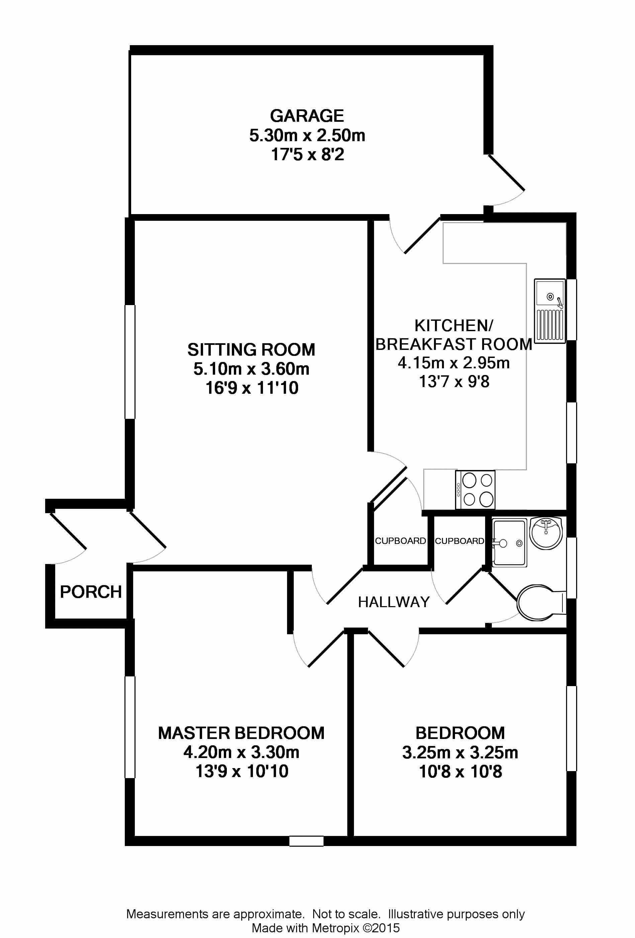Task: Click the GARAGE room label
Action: (307, 116)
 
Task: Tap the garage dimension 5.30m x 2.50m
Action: (307, 135)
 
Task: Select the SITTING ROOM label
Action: (251, 350)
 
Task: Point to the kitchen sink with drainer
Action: (549, 309)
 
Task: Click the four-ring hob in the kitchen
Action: (475, 490)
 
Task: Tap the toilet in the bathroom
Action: (541, 603)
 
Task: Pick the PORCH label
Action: (91, 592)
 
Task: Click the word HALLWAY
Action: (394, 602)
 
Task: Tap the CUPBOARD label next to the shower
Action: (459, 541)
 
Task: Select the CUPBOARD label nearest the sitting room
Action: (400, 541)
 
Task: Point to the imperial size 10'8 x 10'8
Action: (461, 772)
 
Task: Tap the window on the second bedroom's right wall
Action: (572, 729)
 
